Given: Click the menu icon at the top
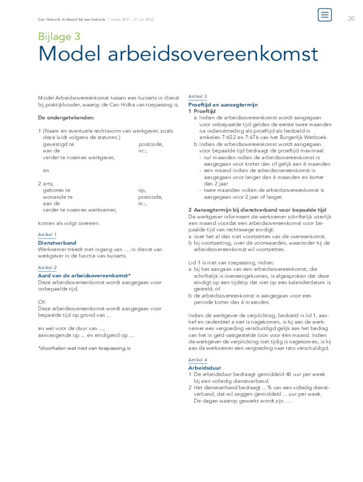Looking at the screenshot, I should (x=324, y=15).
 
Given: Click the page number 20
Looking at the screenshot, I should (x=351, y=19).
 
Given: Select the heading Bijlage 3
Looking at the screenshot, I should (x=59, y=37).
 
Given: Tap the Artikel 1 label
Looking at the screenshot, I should (x=47, y=234).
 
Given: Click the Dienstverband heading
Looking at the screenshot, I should (x=57, y=243).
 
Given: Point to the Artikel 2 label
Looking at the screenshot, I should (x=47, y=267).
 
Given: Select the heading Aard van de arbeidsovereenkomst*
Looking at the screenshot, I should (x=84, y=275).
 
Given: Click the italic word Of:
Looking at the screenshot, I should (x=42, y=302).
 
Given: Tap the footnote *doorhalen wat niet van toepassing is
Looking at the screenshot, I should (x=84, y=348).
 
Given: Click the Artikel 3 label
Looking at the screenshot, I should (x=198, y=96).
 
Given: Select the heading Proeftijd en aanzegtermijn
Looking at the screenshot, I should (x=223, y=104).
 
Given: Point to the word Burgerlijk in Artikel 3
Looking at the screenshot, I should (x=286, y=137).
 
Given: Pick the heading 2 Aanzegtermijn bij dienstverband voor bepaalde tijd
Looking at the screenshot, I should (x=257, y=210).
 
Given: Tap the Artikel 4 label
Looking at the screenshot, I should (x=198, y=360).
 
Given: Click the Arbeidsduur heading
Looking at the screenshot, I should (x=205, y=368).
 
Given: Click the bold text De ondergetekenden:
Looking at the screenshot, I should (x=66, y=117).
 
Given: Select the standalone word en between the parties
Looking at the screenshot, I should (x=46, y=170).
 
